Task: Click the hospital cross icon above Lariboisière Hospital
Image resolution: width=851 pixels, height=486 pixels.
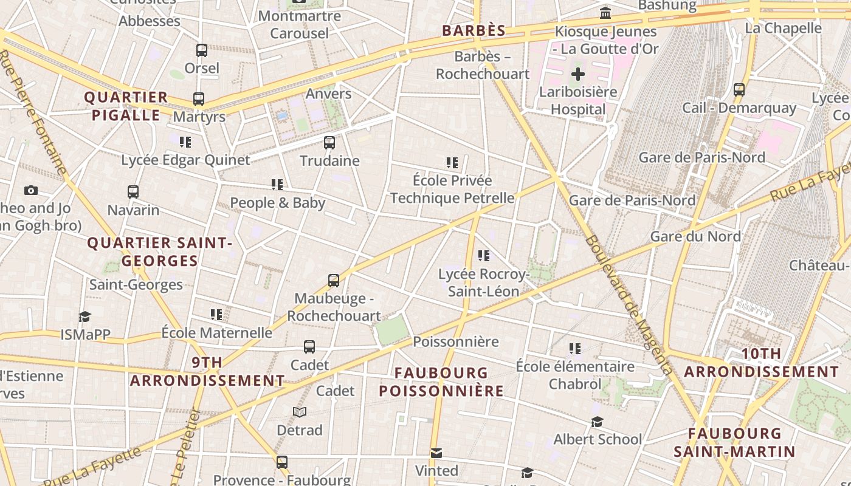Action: point(577,75)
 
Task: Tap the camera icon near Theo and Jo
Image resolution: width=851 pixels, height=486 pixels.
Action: point(31,191)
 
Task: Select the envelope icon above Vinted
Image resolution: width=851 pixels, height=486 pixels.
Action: point(436,453)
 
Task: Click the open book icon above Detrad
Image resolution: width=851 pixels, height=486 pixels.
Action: point(299,412)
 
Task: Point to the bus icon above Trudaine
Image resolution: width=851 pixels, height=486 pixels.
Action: point(329,143)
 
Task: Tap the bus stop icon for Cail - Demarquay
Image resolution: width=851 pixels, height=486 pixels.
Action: point(739,90)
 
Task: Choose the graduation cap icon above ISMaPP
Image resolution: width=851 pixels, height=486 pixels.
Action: point(84,317)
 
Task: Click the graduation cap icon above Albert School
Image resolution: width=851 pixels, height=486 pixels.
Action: point(597,422)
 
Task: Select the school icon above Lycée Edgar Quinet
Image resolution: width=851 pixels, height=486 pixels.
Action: point(185,142)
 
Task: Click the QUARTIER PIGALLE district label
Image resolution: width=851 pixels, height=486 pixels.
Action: point(126,106)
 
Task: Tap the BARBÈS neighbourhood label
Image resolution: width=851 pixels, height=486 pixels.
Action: point(474,31)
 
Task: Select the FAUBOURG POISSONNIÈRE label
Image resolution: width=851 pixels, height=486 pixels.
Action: point(441,382)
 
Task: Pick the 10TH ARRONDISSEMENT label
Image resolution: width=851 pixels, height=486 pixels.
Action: point(761,363)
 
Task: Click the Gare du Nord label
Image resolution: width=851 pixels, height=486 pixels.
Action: point(695,236)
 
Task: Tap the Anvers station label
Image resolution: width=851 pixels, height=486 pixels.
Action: point(328,94)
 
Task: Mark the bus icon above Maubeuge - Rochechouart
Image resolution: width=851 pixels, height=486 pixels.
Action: point(334,281)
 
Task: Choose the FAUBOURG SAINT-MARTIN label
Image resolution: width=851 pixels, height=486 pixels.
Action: point(734,442)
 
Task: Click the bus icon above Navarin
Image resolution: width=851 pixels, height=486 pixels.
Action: point(133,192)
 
